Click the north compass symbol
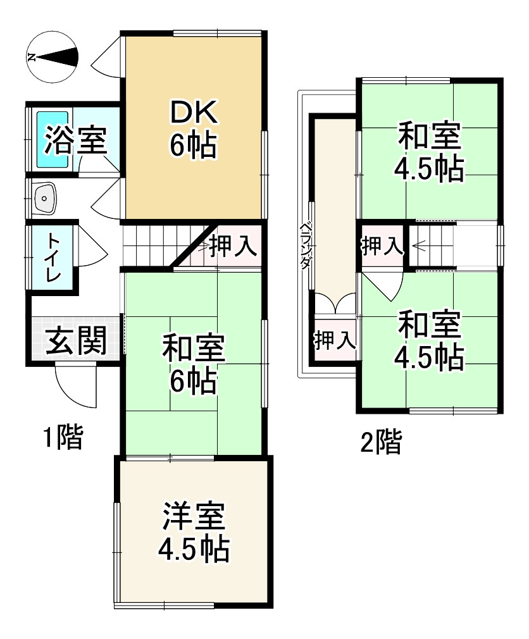coord(52,57)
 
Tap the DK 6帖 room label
coord(194,129)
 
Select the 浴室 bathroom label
coord(76,140)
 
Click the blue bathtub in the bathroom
coord(53,140)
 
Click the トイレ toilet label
coord(53,257)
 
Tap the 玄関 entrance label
coord(76,340)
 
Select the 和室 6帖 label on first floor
coord(194,364)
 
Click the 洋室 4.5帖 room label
coord(194,532)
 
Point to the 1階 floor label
coord(63,437)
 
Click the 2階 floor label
coord(382,441)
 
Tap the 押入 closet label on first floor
coord(233,245)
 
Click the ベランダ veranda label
coord(305,245)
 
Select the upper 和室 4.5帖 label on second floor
coord(429,151)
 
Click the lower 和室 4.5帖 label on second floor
coord(429,340)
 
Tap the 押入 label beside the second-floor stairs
coord(382,245)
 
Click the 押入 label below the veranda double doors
coord(335,340)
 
